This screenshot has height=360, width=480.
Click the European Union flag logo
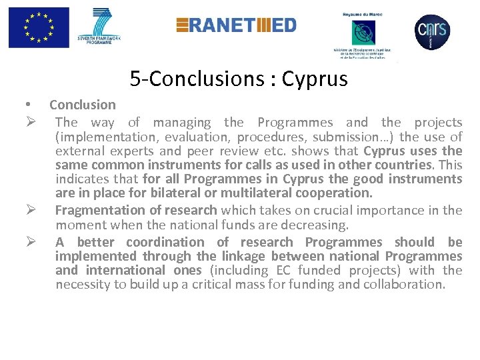point(39,28)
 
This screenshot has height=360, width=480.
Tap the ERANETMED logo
point(236,25)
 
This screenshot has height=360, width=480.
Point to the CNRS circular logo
point(432,31)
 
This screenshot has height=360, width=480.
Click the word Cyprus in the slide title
point(315,79)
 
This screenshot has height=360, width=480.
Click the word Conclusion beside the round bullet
point(83,105)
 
